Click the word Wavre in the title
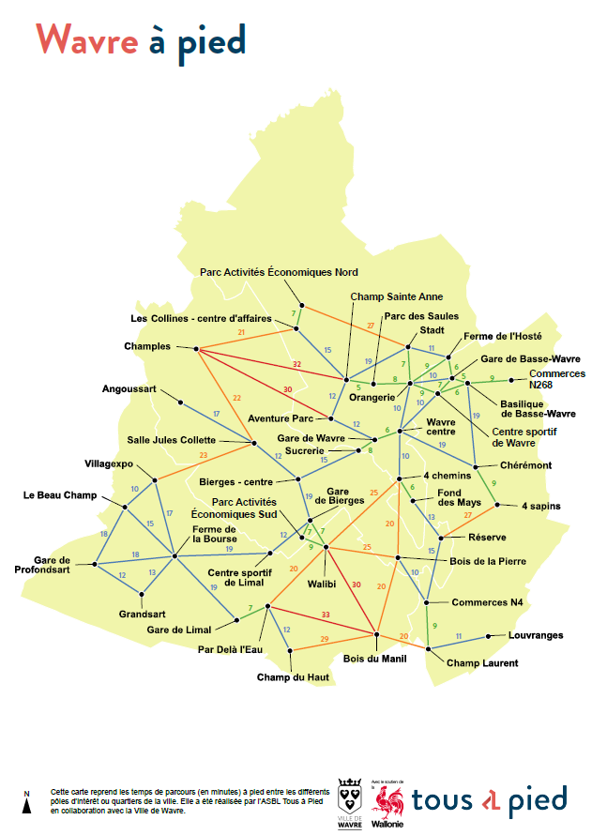[x=87, y=39]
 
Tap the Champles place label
[x=148, y=346]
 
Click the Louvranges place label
[x=536, y=635]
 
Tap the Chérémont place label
[x=525, y=465]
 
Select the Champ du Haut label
[x=287, y=676]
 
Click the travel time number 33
[x=326, y=615]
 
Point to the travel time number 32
[x=296, y=363]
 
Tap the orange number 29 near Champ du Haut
[x=325, y=639]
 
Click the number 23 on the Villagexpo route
[x=203, y=456]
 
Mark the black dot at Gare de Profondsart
[x=96, y=565]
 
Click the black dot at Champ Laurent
[x=429, y=648]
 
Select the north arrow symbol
[x=27, y=802]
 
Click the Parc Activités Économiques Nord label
[x=279, y=272]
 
